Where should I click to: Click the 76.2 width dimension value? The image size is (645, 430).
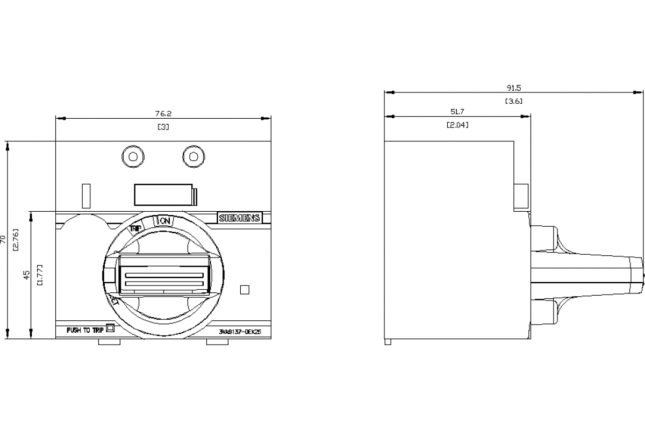point(163,113)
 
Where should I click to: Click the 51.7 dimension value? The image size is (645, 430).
point(457,111)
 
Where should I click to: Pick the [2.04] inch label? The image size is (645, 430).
point(457,125)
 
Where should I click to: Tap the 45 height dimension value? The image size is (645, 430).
point(26,275)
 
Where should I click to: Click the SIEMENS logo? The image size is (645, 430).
point(239,218)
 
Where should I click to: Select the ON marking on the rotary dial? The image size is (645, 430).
point(164,221)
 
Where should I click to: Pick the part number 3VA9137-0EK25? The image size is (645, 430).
point(240,332)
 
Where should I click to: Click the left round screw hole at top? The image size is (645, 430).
point(132,156)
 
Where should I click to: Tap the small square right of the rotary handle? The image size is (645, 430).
point(245,290)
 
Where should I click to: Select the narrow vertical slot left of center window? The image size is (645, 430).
point(85,196)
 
